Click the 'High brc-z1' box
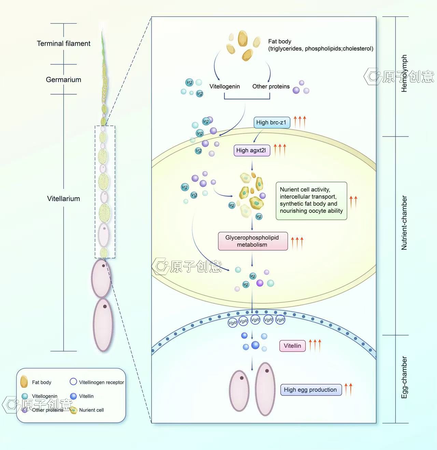click(271, 123)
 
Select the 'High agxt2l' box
click(251, 150)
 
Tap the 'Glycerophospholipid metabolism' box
click(252, 241)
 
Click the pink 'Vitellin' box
click(292, 346)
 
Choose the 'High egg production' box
click(310, 390)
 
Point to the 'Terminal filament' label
click(64, 44)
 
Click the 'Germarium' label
click(64, 80)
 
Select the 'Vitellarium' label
click(64, 199)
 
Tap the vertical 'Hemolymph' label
click(404, 73)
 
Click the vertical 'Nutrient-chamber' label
click(404, 223)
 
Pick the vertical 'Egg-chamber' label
click(404, 377)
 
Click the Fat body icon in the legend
click(24, 382)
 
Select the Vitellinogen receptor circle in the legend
click(73, 382)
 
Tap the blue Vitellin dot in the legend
click(73, 396)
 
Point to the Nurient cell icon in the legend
click(73, 410)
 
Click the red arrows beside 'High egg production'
click(348, 389)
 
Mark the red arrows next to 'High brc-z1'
click(300, 122)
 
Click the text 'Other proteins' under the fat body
click(271, 87)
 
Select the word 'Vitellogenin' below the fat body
click(225, 87)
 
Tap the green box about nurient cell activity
click(311, 200)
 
